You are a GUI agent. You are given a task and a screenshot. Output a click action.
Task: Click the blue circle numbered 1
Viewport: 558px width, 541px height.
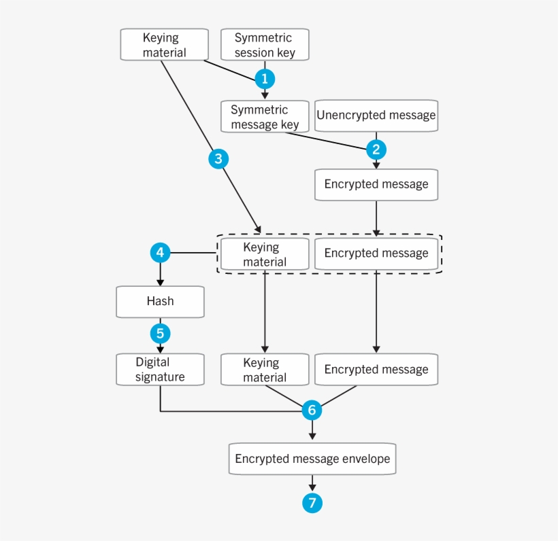coord(265,79)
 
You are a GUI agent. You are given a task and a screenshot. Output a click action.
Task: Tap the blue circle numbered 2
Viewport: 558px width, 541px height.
coord(376,150)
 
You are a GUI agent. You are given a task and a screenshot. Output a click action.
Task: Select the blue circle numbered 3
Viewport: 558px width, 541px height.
coord(218,159)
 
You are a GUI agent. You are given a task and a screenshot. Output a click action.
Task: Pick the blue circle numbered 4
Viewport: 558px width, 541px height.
coord(160,254)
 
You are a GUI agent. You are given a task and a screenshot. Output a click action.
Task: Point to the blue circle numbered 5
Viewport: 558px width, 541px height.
coord(160,334)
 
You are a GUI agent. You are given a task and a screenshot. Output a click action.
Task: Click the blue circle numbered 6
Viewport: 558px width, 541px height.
coord(312,410)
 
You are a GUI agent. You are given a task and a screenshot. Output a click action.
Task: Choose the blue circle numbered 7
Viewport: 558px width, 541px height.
coord(312,503)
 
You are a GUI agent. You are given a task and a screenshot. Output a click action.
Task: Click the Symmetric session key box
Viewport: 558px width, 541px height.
coord(265,45)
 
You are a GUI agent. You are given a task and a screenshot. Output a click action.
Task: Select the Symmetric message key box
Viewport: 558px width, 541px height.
coord(265,117)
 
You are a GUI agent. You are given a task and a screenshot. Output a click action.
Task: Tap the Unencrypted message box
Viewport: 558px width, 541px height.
coord(376,116)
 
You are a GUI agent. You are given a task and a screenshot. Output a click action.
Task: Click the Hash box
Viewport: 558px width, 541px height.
coord(160,301)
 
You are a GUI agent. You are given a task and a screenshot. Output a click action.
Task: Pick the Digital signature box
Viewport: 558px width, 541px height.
coord(160,369)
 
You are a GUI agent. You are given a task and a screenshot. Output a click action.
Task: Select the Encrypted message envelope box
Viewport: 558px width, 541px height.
coord(312,459)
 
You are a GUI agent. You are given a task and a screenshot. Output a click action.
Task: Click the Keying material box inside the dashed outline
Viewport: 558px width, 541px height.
coord(265,254)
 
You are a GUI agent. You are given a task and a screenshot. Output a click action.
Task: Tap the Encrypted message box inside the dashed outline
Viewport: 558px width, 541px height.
coord(376,254)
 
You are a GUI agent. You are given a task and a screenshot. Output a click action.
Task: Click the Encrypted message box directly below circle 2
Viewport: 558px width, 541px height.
coord(376,184)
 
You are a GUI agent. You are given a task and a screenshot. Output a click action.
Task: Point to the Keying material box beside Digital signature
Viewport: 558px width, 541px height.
coord(265,370)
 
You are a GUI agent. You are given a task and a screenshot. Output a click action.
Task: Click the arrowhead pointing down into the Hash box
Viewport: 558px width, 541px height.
coord(160,282)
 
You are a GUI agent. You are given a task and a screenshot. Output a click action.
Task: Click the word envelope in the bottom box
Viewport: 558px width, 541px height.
coord(367,459)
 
